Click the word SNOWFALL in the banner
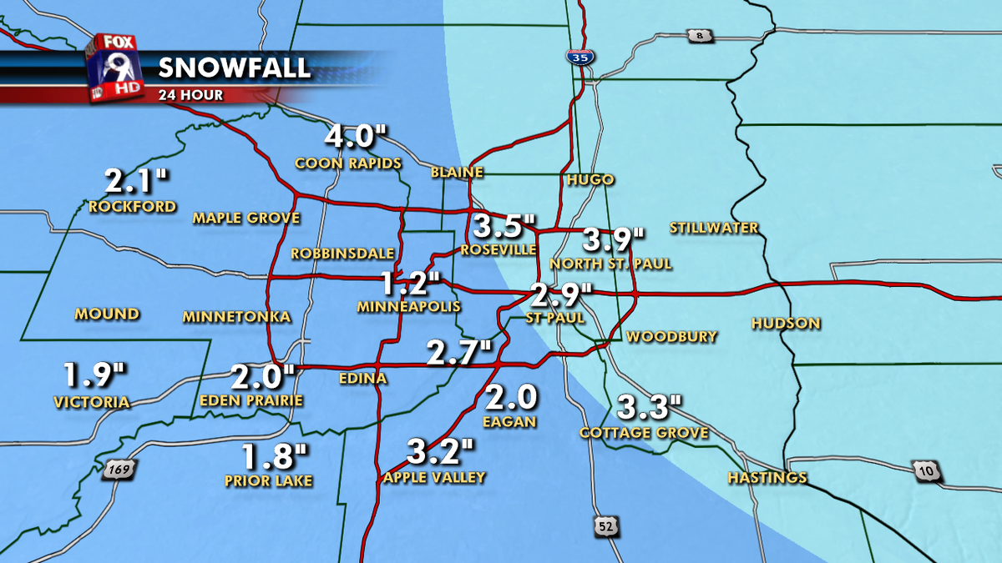[234, 68]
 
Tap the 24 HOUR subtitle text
[190, 95]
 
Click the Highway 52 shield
[607, 525]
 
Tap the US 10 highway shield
[928, 471]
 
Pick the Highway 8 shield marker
[698, 35]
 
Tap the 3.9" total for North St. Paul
[613, 240]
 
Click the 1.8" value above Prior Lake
[275, 457]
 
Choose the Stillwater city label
[714, 228]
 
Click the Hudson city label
[786, 323]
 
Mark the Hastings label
[767, 478]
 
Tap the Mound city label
[107, 314]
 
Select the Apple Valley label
[434, 478]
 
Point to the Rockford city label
[132, 206]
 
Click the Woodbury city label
[671, 337]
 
